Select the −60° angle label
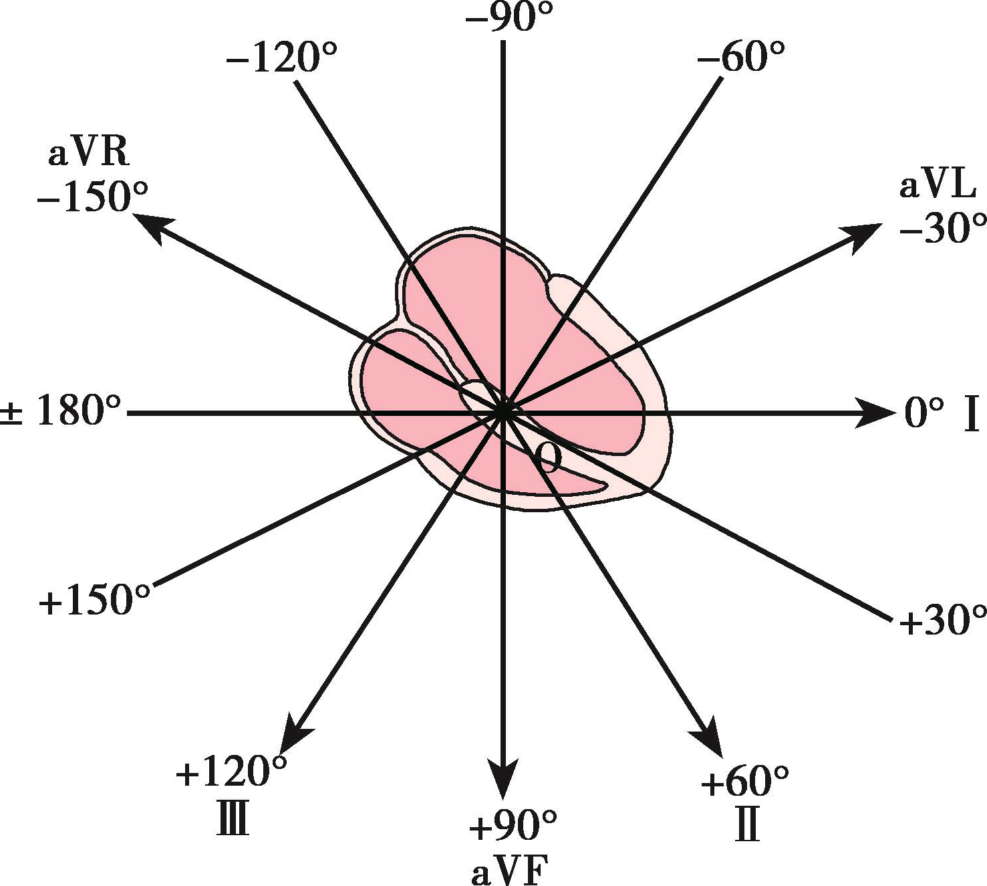[740, 58]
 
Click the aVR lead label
[88, 154]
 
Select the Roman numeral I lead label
[971, 415]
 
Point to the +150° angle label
[94, 601]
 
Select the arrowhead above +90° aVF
[503, 778]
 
